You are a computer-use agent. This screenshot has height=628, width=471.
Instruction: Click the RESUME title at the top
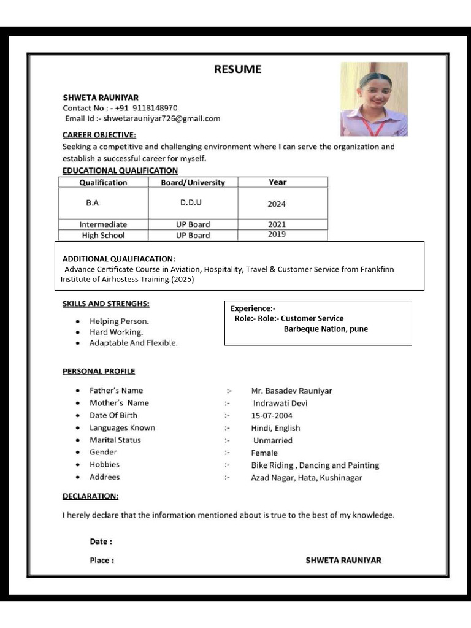tap(237, 69)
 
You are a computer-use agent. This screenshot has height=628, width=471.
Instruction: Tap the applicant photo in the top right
tap(374, 99)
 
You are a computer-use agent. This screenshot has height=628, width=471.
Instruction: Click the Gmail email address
tap(161, 118)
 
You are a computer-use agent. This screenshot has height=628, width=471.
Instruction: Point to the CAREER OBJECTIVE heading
tap(99, 135)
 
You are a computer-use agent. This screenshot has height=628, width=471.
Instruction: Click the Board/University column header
tap(193, 182)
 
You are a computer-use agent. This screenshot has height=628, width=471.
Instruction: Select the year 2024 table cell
tap(277, 204)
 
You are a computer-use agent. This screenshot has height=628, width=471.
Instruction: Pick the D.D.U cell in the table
tap(191, 202)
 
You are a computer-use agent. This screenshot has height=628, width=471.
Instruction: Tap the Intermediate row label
tap(103, 224)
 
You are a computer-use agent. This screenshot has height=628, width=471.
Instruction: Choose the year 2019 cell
tap(277, 234)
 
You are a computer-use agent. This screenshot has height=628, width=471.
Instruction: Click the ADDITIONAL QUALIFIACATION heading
tap(119, 259)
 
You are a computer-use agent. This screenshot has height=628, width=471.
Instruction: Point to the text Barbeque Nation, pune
tap(326, 329)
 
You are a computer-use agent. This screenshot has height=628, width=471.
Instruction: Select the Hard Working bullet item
tap(117, 332)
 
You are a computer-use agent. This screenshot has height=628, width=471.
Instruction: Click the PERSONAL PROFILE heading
tap(99, 371)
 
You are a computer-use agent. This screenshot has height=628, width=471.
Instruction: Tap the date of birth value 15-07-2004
tap(272, 416)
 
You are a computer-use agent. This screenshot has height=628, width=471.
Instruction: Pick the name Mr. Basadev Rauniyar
tap(292, 391)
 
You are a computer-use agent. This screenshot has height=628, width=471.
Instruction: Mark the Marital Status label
tap(115, 440)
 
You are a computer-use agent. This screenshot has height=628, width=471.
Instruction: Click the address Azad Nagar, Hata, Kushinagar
tap(307, 477)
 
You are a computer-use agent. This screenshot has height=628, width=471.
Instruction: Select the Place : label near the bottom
tap(102, 560)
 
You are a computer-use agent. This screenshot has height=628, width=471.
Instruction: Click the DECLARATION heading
tap(91, 496)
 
